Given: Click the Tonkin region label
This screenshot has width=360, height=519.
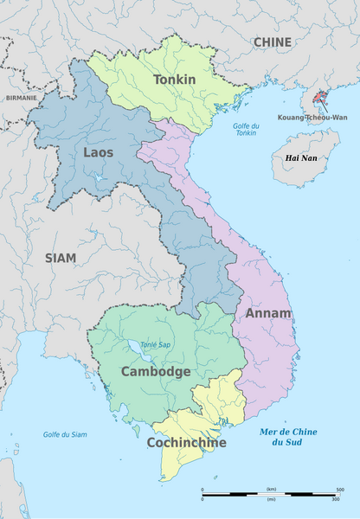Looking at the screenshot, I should tap(174, 80).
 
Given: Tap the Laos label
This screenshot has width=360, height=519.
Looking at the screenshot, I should tap(98, 152).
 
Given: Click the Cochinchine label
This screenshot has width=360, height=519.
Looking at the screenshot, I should tap(186, 442).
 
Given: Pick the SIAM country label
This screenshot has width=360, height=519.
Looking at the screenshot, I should tap(61, 257).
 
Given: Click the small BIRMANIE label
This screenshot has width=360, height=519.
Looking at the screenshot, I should tap(21, 98).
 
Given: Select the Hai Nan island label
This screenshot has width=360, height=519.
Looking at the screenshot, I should tap(302, 158).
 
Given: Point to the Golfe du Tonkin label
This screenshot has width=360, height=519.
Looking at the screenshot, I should tap(247, 130).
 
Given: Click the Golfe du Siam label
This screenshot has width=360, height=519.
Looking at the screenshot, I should tap(65, 433).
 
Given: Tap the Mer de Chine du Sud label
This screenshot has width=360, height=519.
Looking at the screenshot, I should tap(288, 437).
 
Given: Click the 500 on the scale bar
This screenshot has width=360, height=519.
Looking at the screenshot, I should tap(339, 489).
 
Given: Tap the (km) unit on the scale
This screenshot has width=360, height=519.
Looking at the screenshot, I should tap(271, 489).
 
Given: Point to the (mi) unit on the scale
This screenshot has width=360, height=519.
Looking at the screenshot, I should tap(271, 498).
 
